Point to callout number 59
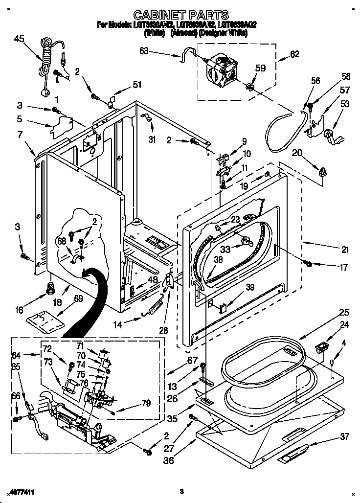[x=260, y=69]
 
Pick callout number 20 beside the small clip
[x=297, y=153]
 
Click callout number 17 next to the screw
[x=343, y=267]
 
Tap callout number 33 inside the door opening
[x=225, y=250]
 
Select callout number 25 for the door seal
[x=344, y=312]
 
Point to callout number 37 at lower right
[x=345, y=436]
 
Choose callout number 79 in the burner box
[x=146, y=403]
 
